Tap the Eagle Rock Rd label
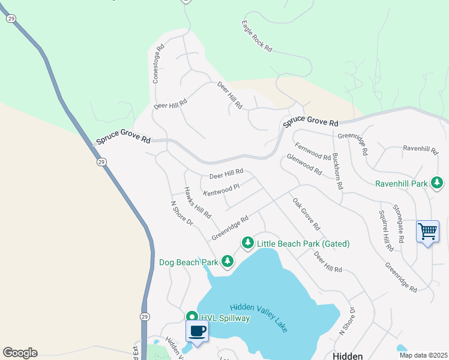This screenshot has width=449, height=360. click(x=257, y=36)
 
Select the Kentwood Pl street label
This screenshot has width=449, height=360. click(x=221, y=190)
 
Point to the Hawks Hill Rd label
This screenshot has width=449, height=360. click(x=197, y=202)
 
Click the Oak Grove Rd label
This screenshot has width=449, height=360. click(x=307, y=214)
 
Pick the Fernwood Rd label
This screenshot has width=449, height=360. click(x=313, y=152)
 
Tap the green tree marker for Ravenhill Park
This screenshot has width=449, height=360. click(x=438, y=182)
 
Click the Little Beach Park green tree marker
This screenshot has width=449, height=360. click(x=247, y=242)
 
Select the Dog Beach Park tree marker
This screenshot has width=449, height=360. click(x=227, y=261)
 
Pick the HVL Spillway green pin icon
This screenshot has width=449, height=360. click(x=191, y=317)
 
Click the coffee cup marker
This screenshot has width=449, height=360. click(x=197, y=331)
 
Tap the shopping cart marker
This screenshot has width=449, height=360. click(x=427, y=231)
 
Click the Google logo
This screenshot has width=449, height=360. click(x=20, y=353)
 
